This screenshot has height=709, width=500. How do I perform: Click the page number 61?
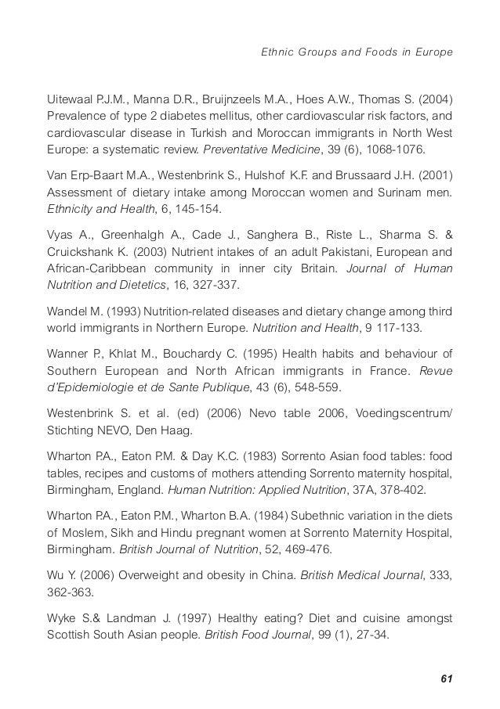point(447,677)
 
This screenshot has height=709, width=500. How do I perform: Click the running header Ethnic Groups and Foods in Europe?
point(357,52)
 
